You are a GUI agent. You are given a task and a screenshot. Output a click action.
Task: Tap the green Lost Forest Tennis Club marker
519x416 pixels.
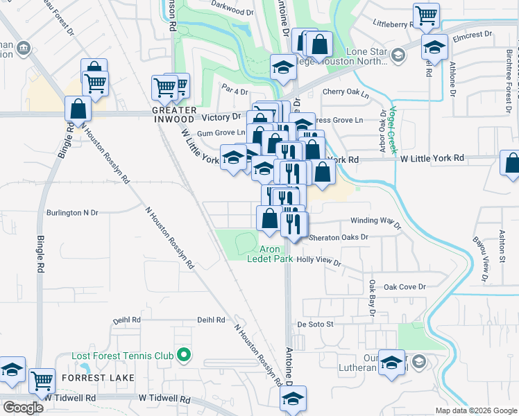184,356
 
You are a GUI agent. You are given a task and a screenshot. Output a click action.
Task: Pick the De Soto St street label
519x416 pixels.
316,324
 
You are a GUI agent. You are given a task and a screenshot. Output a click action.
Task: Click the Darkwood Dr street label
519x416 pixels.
232,12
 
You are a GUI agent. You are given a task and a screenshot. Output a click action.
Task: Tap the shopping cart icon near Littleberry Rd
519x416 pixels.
425,15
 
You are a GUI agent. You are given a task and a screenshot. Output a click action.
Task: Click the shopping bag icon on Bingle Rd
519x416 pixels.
78,108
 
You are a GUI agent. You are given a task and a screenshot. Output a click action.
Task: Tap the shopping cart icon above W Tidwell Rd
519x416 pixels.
42,380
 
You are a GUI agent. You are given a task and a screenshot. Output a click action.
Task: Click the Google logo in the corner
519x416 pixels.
23,408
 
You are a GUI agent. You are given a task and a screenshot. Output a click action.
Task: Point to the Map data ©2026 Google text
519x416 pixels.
475,410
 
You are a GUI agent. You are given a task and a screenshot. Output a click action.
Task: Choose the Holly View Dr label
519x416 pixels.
318,262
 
